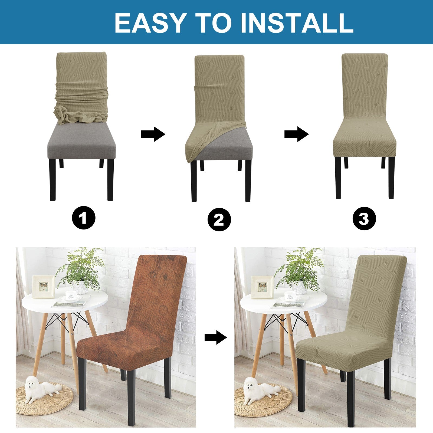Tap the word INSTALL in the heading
pos(297,23)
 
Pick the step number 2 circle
pos(219,219)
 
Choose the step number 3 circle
pos(364,218)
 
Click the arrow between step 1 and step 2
pos(153,134)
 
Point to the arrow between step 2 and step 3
pos(297,134)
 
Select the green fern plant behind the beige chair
pos(299,268)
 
